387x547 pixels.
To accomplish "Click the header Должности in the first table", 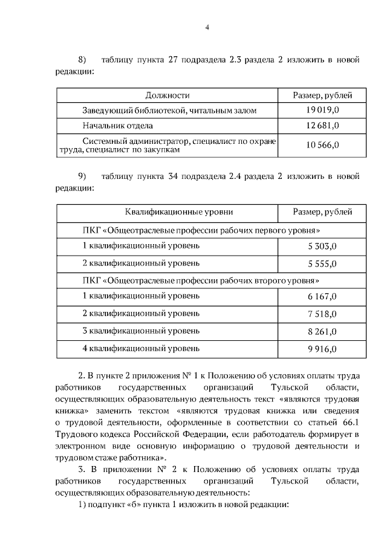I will (x=167, y=95).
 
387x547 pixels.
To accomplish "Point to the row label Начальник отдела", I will (x=118, y=126).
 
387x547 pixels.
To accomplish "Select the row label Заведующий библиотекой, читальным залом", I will (x=169, y=111).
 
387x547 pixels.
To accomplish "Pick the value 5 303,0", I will (x=322, y=247).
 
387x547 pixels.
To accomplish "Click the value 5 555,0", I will (x=322, y=264).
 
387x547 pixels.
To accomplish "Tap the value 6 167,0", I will (x=322, y=296).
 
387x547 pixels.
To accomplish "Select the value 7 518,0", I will (x=322, y=314).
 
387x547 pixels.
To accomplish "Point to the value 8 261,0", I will (x=322, y=331).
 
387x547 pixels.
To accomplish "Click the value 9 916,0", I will (x=322, y=349).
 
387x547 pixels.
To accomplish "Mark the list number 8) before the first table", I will (x=83, y=60).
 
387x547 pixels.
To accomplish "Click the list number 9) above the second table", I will (x=83, y=176).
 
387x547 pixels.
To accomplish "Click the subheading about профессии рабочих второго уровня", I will (x=201, y=280).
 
